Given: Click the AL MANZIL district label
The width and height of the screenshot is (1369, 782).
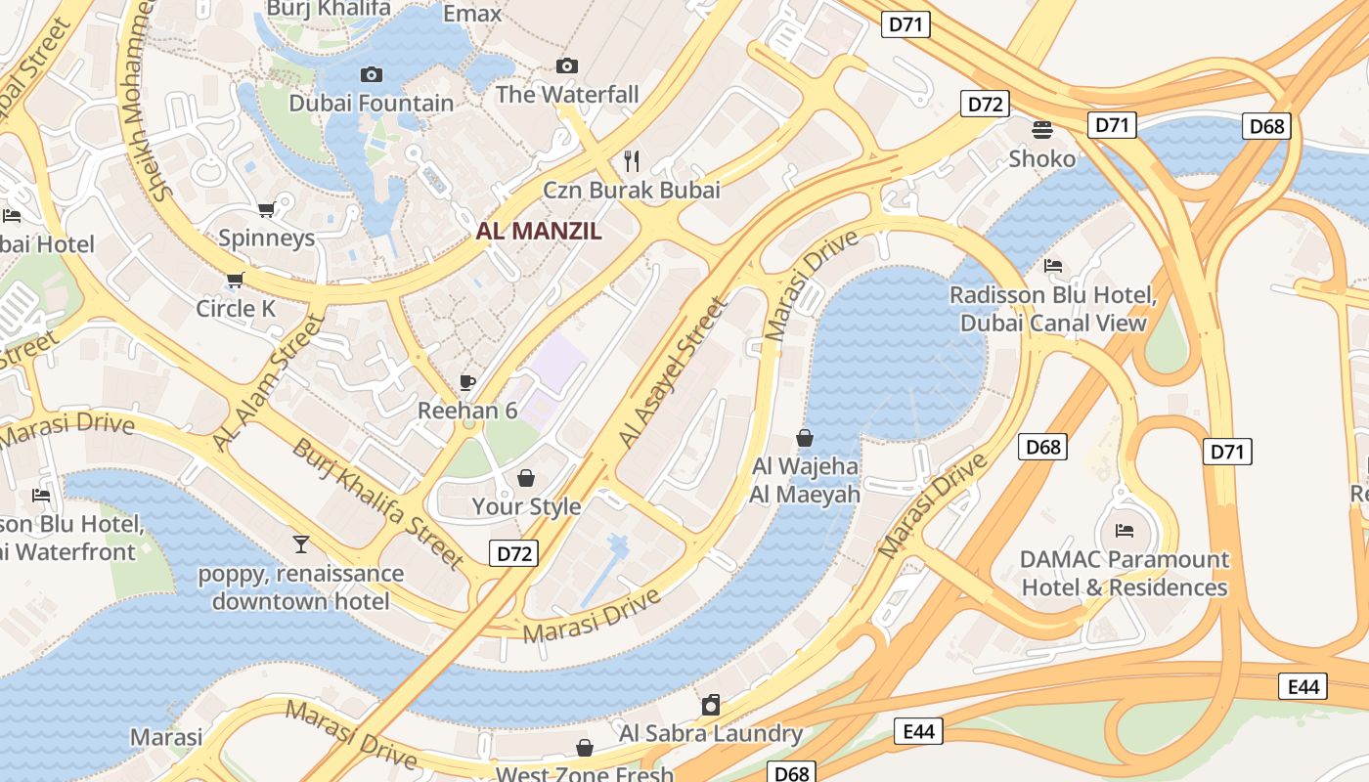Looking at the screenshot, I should pyautogui.click(x=539, y=232).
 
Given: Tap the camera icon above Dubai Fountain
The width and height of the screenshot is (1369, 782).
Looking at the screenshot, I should pyautogui.click(x=372, y=74).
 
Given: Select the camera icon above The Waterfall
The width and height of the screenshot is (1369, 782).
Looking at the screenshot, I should pyautogui.click(x=566, y=65).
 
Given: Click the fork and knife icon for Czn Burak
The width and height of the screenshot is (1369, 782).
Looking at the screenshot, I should pyautogui.click(x=632, y=160).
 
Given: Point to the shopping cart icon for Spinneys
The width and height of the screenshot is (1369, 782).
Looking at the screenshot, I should pyautogui.click(x=266, y=209).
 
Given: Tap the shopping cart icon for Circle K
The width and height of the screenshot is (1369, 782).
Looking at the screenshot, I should pyautogui.click(x=235, y=281).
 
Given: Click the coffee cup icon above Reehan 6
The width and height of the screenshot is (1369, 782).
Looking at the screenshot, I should pyautogui.click(x=467, y=382).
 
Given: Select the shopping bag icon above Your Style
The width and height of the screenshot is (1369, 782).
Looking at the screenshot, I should pyautogui.click(x=526, y=478).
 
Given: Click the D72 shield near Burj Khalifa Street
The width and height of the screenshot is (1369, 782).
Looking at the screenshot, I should pyautogui.click(x=514, y=553).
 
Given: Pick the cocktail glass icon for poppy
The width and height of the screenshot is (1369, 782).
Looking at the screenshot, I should pyautogui.click(x=301, y=543).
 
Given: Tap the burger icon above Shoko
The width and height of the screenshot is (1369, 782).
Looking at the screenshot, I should pyautogui.click(x=1042, y=129).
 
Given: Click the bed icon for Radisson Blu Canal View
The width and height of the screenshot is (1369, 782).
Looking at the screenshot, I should pyautogui.click(x=1053, y=265).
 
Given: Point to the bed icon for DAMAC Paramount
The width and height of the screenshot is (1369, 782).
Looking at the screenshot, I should pyautogui.click(x=1125, y=531).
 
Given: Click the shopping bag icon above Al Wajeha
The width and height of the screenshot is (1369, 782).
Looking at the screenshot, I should pyautogui.click(x=805, y=437).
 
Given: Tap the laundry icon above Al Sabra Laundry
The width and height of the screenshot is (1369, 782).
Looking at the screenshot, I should pyautogui.click(x=711, y=704).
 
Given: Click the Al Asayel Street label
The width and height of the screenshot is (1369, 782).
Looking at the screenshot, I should pyautogui.click(x=674, y=373).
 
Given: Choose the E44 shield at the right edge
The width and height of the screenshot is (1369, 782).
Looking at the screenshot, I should pyautogui.click(x=1303, y=686).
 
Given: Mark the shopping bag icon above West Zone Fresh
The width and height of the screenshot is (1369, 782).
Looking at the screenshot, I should pyautogui.click(x=585, y=748).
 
